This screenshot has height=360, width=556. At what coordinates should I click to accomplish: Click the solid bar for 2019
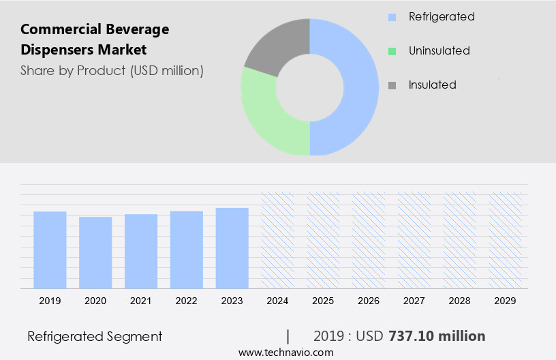point(50,250)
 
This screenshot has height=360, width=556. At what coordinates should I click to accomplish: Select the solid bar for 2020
point(95,252)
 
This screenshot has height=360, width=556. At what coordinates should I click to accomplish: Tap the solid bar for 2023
point(232,248)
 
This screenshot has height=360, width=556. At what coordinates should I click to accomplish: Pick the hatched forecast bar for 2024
point(278,240)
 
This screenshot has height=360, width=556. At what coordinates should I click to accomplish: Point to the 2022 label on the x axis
point(187,301)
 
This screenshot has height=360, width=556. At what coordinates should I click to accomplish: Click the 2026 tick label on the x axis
point(369,301)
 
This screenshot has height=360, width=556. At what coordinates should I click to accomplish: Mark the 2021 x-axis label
point(141,301)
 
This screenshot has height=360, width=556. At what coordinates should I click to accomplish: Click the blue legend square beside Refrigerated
point(392,17)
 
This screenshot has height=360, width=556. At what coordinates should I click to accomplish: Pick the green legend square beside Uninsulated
point(392,51)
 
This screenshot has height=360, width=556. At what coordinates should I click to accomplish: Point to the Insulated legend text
point(432,85)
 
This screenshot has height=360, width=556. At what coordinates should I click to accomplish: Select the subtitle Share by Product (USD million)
point(112,70)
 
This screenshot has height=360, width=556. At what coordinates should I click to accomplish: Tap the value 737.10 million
point(437,336)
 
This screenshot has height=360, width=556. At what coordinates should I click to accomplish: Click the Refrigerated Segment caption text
point(95,336)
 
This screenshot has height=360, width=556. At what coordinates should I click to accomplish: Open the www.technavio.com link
point(286,352)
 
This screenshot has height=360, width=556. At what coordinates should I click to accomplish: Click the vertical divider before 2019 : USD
point(288,336)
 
